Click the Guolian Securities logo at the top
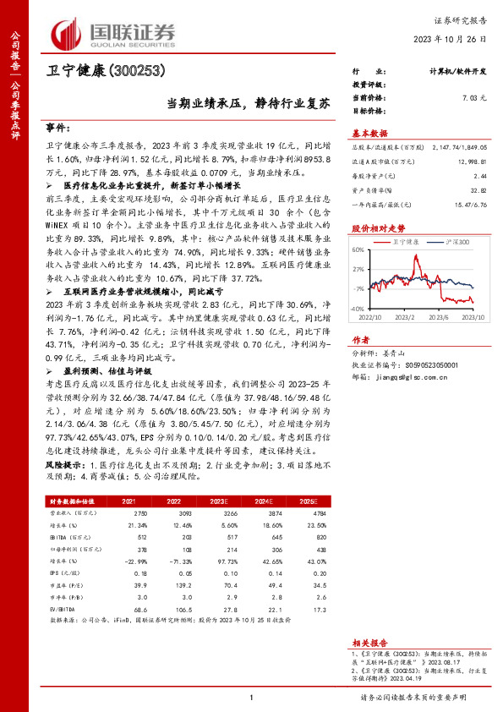pyautogui.click(x=114, y=31)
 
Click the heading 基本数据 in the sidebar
pyautogui.click(x=369, y=134)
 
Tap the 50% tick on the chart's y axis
pyautogui.click(x=358, y=250)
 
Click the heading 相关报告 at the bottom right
pyautogui.click(x=369, y=643)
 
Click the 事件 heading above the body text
pyautogui.click(x=57, y=128)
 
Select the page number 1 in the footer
pyautogui.click(x=252, y=698)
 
